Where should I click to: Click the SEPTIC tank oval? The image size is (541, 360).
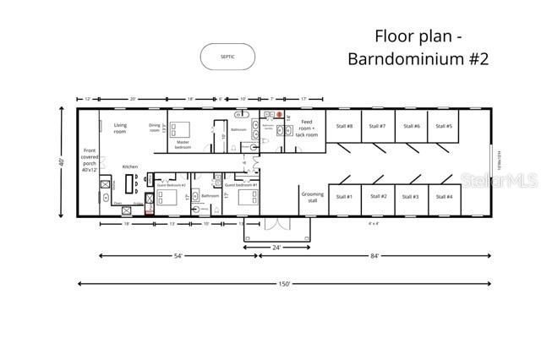(x=227, y=57)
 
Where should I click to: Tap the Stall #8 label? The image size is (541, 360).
(x=344, y=126)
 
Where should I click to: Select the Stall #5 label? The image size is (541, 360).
(x=444, y=126)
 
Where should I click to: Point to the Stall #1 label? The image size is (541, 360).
(x=344, y=196)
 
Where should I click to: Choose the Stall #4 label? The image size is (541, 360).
(x=444, y=196)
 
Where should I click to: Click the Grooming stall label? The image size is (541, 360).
(x=313, y=197)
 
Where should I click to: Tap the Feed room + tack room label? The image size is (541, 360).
(x=309, y=128)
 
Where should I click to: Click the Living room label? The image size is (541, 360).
(x=121, y=128)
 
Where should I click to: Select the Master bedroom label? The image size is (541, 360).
(x=183, y=145)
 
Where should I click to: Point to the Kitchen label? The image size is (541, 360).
(x=129, y=166)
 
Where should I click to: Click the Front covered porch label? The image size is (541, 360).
(x=89, y=162)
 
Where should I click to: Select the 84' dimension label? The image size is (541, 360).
(x=375, y=255)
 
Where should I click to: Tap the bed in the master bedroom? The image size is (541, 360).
(x=182, y=129)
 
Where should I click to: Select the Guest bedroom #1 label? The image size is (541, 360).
(x=246, y=184)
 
